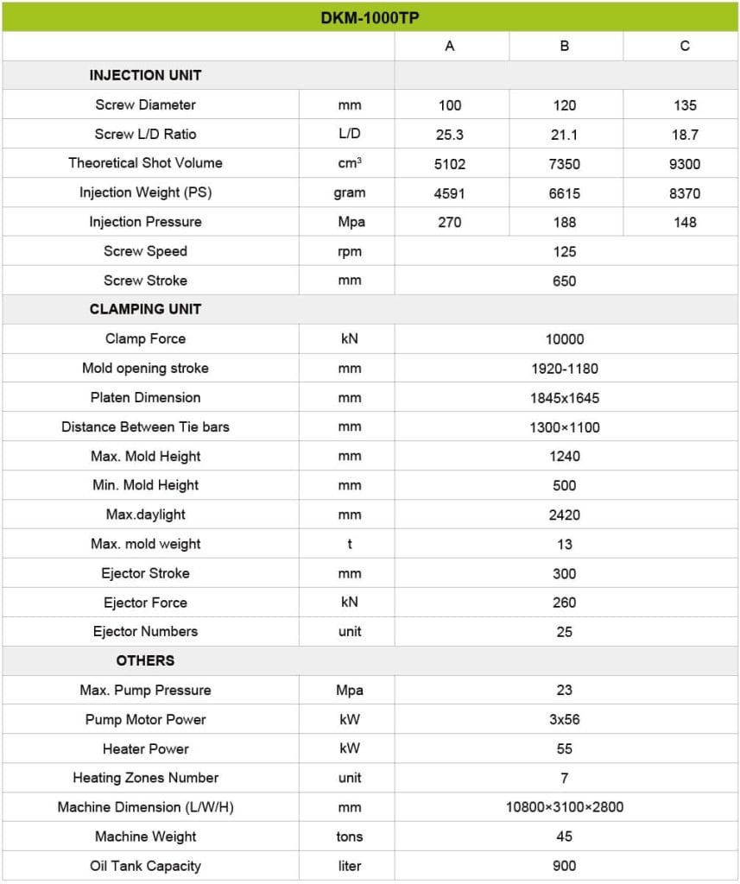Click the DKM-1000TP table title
[370, 17]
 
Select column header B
[565, 47]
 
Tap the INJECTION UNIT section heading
[145, 75]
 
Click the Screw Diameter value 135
[684, 105]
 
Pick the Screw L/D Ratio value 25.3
[450, 135]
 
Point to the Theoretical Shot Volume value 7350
[565, 164]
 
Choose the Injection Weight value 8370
[684, 193]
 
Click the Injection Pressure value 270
[450, 222]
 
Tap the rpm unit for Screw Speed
[350, 251]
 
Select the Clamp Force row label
[145, 339]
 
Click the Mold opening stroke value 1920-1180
[565, 369]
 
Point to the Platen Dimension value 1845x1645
[565, 398]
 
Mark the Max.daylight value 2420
[565, 515]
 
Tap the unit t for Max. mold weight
[350, 544]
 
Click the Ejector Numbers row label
[145, 631]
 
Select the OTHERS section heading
[145, 660]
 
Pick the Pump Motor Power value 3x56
[565, 719]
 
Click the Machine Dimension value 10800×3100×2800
[565, 807]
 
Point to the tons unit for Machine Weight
[350, 837]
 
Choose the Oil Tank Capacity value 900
[565, 866]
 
